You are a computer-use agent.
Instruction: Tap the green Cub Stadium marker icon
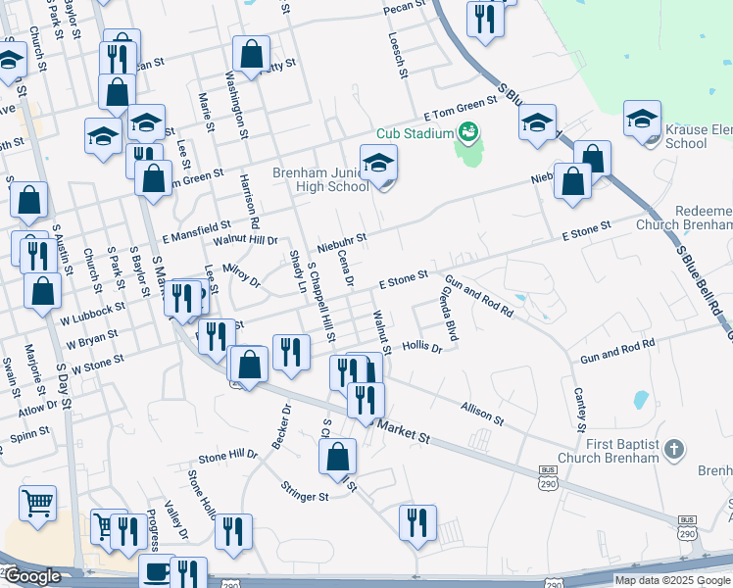(x=468, y=130)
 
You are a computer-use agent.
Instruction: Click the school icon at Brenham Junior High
(x=378, y=164)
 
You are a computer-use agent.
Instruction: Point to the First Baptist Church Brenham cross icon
(x=672, y=449)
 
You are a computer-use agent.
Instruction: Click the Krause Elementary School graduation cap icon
(x=642, y=121)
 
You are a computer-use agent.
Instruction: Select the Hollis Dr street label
(x=422, y=346)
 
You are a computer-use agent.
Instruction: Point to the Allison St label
(x=481, y=413)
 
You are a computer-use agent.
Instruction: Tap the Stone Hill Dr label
(x=227, y=456)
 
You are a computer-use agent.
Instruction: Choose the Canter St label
(x=580, y=409)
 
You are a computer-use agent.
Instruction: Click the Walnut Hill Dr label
(x=246, y=238)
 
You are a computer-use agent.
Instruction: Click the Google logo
(x=31, y=576)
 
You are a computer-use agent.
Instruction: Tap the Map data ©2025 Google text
(x=671, y=580)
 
